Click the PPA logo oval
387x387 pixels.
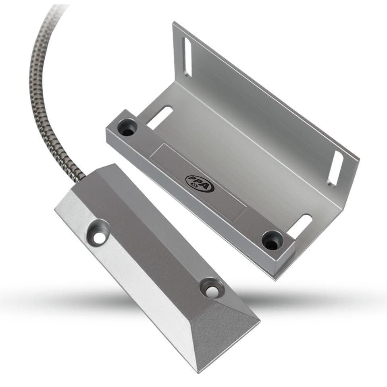tap(200, 183)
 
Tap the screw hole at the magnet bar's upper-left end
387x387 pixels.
tap(127, 128)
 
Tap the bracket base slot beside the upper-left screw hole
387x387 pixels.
tap(160, 118)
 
